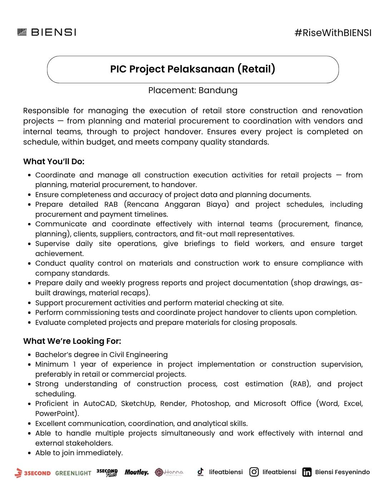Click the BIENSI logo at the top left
coord(47,32)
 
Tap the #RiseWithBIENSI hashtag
coord(333,33)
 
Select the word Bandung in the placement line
coord(218,90)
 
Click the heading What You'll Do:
coord(54,161)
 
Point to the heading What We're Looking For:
coord(72,341)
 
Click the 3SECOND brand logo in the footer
coord(33,473)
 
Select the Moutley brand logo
coord(137,472)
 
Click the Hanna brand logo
coord(169,472)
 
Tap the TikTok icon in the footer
coord(201,472)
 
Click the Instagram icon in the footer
coord(254,472)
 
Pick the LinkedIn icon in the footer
coord(307,472)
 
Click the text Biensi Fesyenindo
coord(342,472)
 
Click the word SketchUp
coord(138,403)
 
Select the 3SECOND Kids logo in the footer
coord(107,472)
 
